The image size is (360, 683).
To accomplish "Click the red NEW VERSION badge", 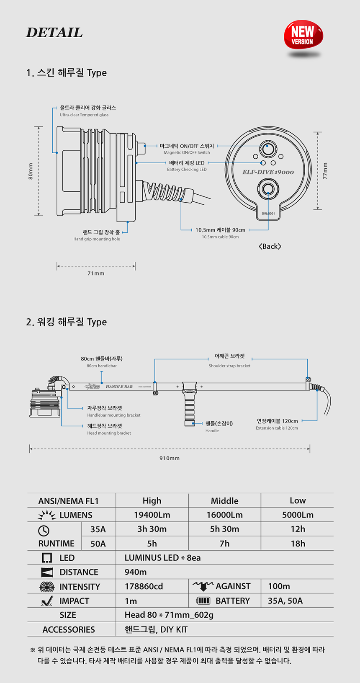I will coord(303,35).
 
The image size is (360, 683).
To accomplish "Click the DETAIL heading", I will coord(54,33).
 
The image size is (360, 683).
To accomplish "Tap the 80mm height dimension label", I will coord(31,171).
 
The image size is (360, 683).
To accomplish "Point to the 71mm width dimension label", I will coord(96,273).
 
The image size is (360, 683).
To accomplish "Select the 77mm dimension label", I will coord(325,171).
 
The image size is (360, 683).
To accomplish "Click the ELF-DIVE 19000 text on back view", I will coord(268,172).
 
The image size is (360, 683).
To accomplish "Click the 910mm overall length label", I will coord(170,458).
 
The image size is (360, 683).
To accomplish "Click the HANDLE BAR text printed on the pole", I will coord(119,387).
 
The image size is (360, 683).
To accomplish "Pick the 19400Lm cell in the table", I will coord(152,515).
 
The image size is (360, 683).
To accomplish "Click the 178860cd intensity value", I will coord(144,586).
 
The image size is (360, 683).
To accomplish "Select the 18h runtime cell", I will coord(298,544).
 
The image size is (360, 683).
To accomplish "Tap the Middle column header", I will coord(224,501).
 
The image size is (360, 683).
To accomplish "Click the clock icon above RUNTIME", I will coord(44,531).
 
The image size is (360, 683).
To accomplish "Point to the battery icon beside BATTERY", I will coord(203,601).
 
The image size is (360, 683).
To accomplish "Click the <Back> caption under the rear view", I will coord(270,246).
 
